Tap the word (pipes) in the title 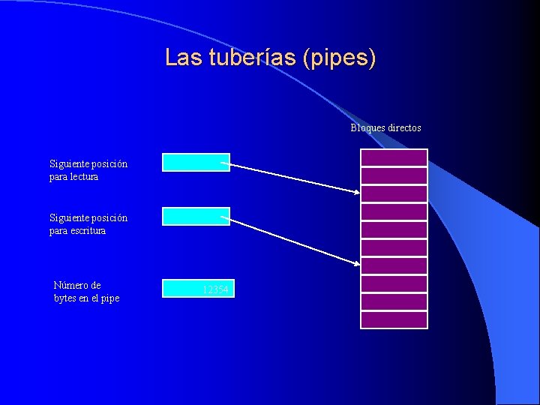(x=339, y=58)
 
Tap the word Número (x=77, y=285)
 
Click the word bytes (x=66, y=298)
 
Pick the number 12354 (x=215, y=289)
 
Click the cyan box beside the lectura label (x=196, y=162)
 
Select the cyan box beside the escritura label (x=196, y=216)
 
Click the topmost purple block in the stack (x=394, y=157)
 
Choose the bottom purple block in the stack (x=394, y=320)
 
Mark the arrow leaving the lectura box (x=292, y=177)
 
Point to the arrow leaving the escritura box (x=292, y=239)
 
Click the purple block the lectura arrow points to (x=394, y=193)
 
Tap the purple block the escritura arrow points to (x=394, y=265)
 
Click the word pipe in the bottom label (x=109, y=298)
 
